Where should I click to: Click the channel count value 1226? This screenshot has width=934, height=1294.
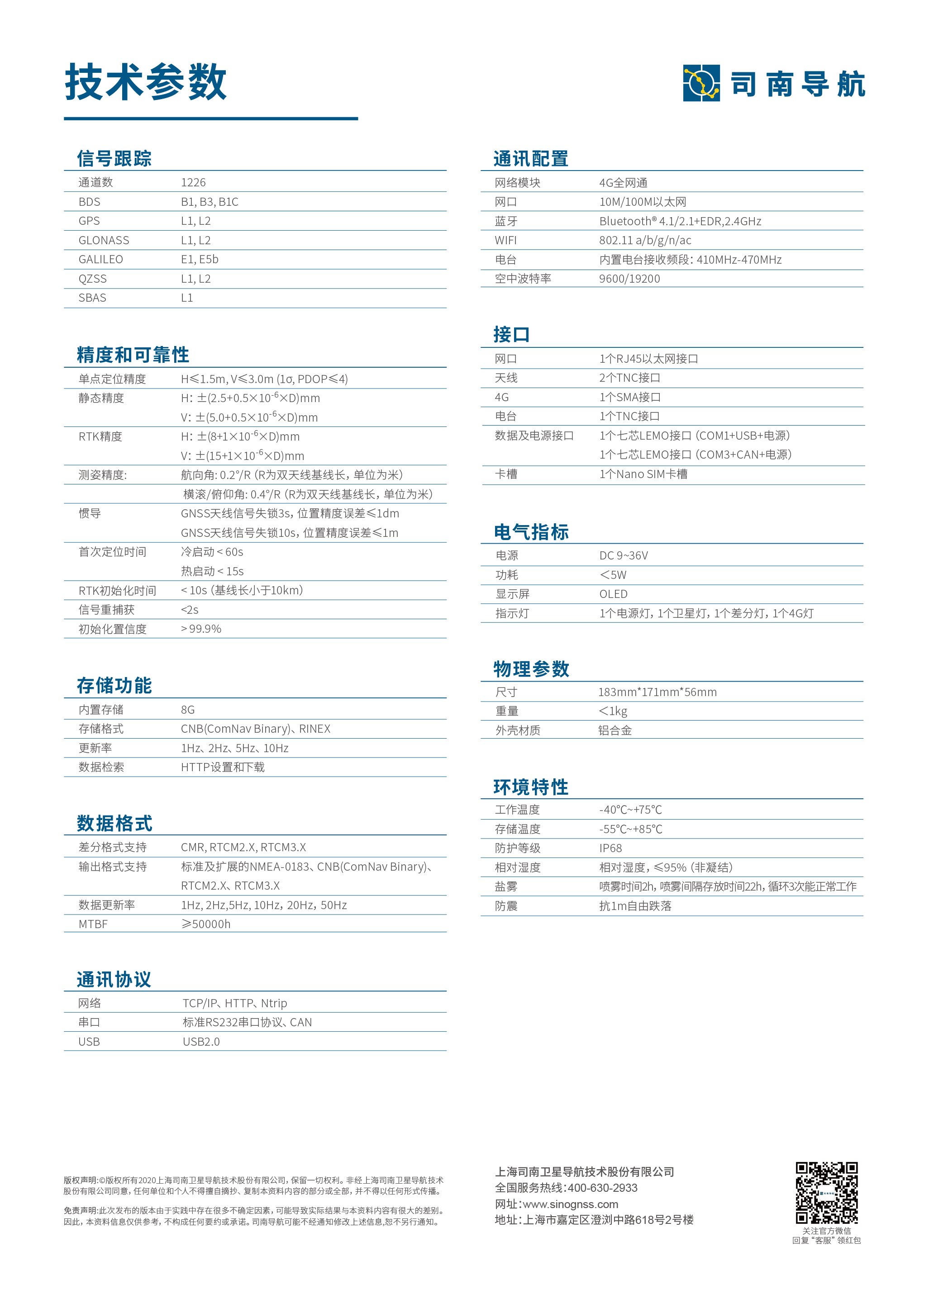pos(193,183)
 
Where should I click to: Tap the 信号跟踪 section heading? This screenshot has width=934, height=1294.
pos(114,159)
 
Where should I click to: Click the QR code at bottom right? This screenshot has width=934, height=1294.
pos(826,1192)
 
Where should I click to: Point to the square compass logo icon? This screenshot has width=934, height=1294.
pos(701,83)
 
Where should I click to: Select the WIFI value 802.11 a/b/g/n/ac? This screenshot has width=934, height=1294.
pos(645,240)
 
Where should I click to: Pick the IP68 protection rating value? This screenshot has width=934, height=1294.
pos(610,848)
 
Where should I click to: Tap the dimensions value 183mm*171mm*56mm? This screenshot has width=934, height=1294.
pos(657,692)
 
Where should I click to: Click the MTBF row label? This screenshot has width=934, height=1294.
pos(93,924)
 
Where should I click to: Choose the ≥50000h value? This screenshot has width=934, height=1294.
pos(205,924)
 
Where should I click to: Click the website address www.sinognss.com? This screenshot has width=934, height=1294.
pos(570,1204)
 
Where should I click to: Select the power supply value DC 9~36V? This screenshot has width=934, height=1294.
pos(624,556)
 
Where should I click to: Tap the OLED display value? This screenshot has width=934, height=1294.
pos(613,594)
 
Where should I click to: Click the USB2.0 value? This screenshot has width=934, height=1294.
pos(201,1042)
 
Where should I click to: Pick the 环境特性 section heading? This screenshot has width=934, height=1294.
pos(531,787)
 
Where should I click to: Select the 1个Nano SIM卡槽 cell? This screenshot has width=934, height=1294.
pos(643,474)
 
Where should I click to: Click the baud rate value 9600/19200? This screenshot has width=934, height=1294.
pos(629,279)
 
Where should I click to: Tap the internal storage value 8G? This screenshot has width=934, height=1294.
pos(188,710)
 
